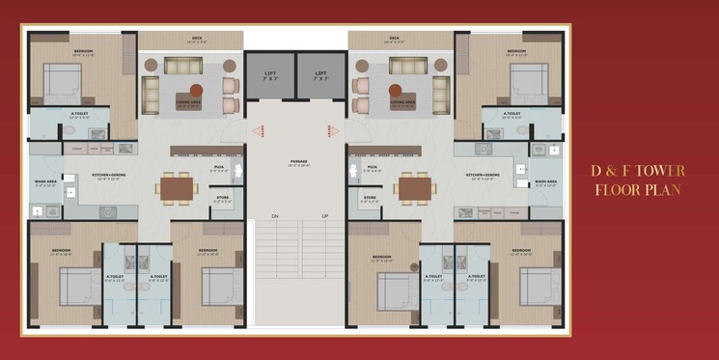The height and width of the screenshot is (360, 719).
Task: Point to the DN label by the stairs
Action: pyautogui.click(x=274, y=215)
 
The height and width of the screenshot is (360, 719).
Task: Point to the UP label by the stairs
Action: pyautogui.click(x=325, y=215)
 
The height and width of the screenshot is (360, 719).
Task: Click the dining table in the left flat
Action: pyautogui.click(x=178, y=187)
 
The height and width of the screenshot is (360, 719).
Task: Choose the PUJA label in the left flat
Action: pyautogui.click(x=220, y=167)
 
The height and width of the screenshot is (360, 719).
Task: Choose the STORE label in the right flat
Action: pyautogui.click(x=370, y=198)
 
